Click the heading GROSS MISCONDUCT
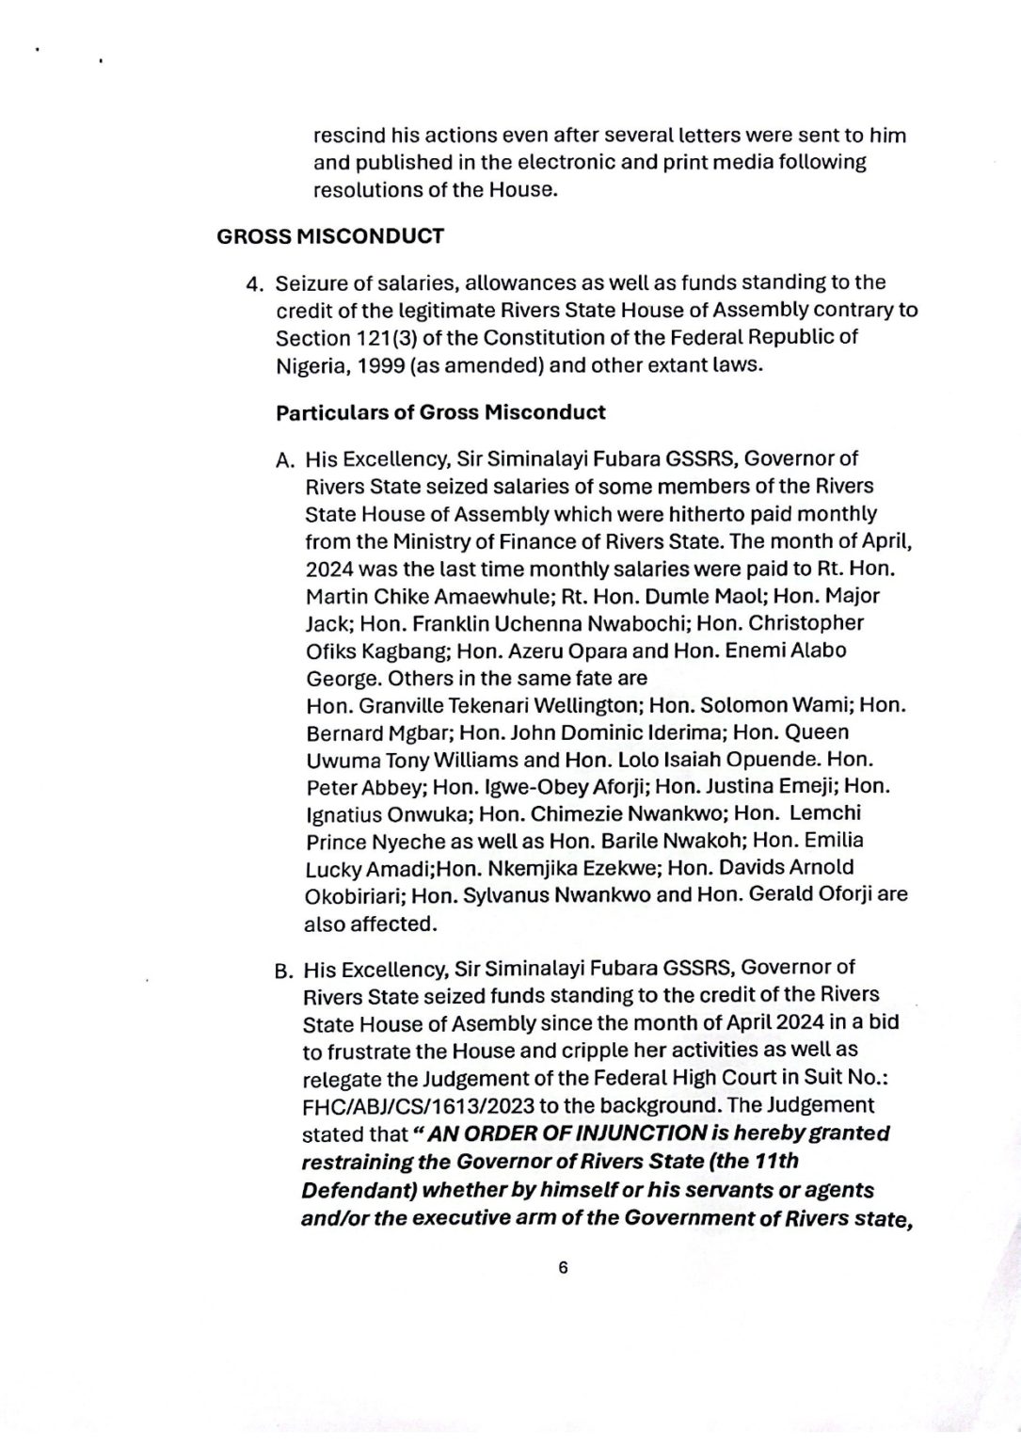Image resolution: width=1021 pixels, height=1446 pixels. coord(329,236)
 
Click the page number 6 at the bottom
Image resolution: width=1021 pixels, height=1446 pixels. coord(563,1267)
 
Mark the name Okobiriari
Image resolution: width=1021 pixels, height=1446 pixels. coord(354,894)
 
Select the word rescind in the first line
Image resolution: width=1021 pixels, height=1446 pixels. coord(348,136)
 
